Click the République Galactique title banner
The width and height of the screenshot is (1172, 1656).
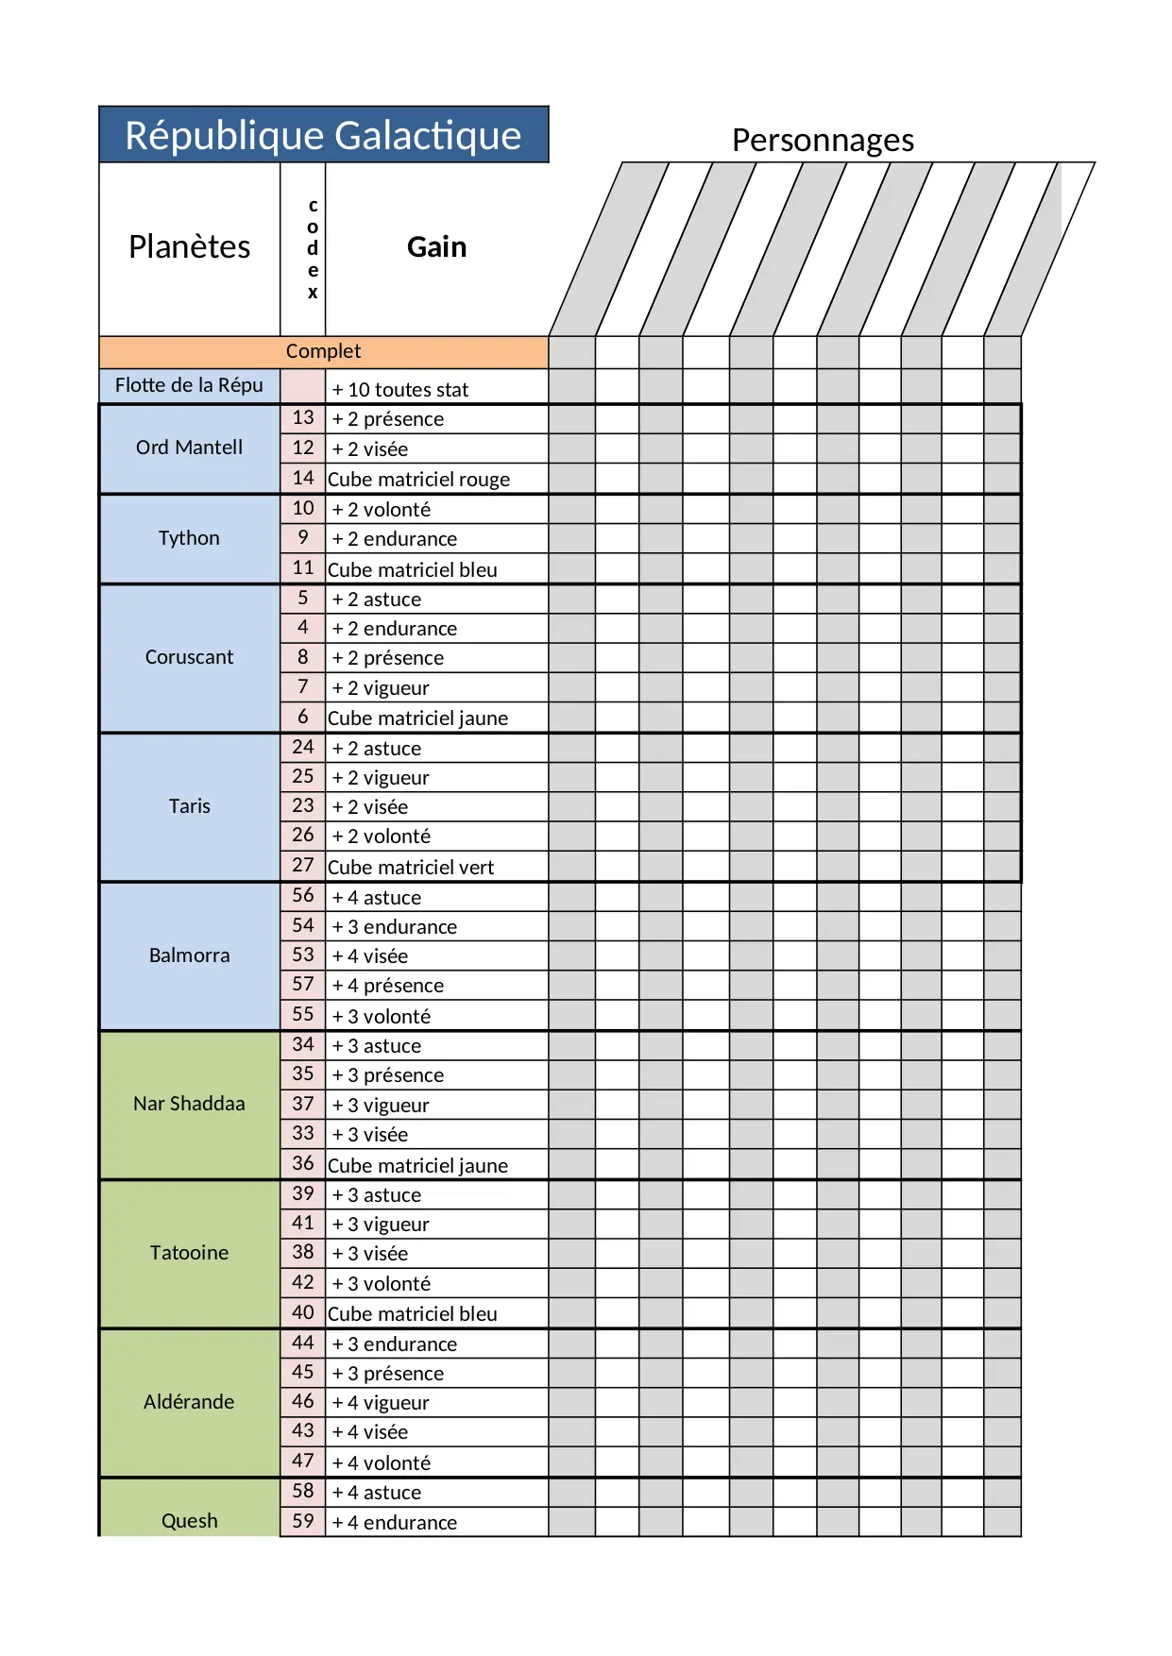pos(323,135)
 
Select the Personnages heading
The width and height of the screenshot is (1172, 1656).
pos(823,140)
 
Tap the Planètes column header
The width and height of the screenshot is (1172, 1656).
pos(189,247)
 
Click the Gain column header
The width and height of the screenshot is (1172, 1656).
pos(436,247)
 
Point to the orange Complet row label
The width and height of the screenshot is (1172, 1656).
pos(323,351)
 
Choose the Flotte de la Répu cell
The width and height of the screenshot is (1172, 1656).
pos(189,385)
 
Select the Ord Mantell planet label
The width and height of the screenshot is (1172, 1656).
pos(189,448)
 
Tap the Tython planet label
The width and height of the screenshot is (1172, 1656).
pos(189,538)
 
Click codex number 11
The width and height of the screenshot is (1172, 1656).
pos(302,568)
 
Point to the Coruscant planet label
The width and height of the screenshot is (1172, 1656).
pos(189,657)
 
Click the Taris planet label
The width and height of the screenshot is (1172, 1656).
pos(189,806)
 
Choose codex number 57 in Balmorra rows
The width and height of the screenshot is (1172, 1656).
pos(302,985)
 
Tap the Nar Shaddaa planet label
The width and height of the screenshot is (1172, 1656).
pos(189,1104)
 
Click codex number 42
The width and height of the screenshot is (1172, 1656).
pos(302,1282)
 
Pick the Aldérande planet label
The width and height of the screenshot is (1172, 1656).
pos(189,1402)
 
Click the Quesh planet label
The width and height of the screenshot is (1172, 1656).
pos(189,1521)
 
